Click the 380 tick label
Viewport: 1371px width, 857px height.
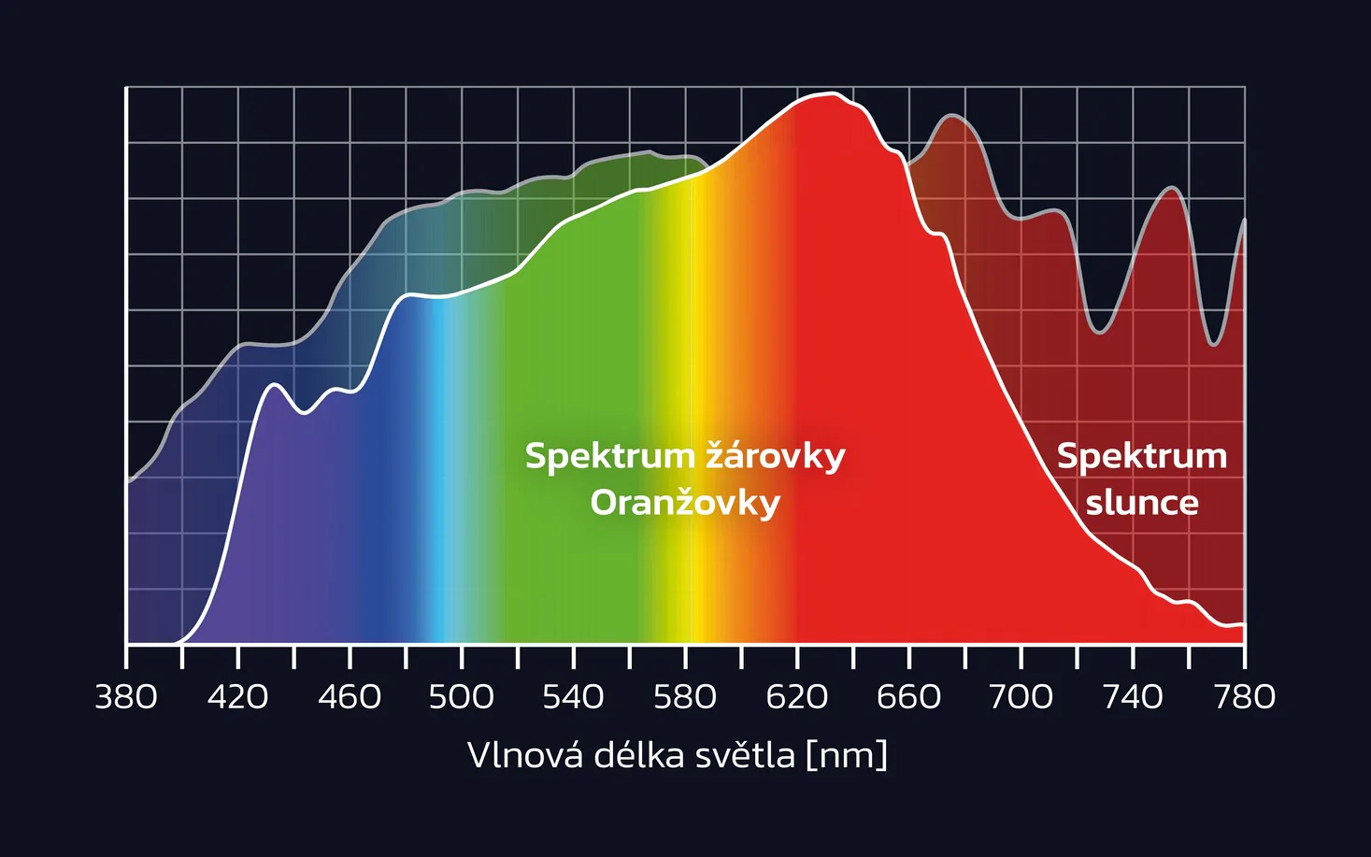[126, 697]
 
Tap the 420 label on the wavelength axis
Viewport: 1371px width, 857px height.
[237, 697]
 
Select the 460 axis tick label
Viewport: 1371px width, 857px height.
[350, 697]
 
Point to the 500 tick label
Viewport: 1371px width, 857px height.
[462, 697]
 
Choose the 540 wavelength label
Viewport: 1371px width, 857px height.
[573, 697]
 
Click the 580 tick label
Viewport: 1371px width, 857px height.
[685, 697]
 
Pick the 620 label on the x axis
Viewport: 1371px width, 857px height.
[797, 697]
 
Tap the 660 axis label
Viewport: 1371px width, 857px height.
[908, 697]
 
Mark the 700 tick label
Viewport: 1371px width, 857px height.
[1021, 697]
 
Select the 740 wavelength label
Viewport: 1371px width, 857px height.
[1133, 697]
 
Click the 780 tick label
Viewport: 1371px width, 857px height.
[1244, 697]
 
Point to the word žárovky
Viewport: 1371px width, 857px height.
[775, 456]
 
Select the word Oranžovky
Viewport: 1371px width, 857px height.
[685, 503]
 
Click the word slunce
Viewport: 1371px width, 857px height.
[1141, 503]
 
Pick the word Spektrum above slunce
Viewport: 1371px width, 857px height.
[1141, 456]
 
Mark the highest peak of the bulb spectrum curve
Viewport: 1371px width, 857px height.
[830, 94]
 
